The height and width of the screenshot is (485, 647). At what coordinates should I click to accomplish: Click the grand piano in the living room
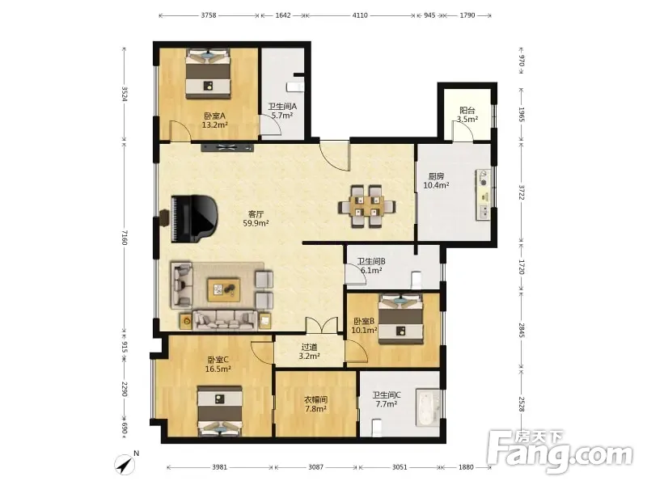coord(193,218)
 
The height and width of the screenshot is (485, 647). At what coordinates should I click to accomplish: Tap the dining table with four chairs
coord(367,206)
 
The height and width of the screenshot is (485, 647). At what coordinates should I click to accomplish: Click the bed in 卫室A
coord(208,74)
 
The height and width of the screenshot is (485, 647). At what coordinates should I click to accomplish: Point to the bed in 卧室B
coord(401,318)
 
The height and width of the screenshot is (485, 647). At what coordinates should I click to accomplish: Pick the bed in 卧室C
coord(219,411)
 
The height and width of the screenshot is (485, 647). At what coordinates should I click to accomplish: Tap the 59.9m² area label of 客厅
coord(256,224)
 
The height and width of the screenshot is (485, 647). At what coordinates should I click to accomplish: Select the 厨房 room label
coord(436,176)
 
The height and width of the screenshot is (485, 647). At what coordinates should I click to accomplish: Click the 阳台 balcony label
coord(467,111)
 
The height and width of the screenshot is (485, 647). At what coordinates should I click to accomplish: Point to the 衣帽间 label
coord(316,399)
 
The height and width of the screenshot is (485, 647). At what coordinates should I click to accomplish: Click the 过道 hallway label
coord(309,348)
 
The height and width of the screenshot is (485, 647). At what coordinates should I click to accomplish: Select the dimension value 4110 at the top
coord(360,15)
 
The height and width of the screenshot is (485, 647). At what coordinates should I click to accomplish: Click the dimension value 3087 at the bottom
coord(316,467)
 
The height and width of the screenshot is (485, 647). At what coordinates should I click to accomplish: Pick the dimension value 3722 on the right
coord(521,192)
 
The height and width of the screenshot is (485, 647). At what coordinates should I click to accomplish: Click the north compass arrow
coord(125,465)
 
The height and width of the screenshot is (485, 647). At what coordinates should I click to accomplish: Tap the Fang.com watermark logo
coord(560,452)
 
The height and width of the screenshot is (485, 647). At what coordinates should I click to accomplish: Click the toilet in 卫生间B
coord(417,280)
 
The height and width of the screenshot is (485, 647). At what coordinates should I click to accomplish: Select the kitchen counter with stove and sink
coord(483,194)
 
